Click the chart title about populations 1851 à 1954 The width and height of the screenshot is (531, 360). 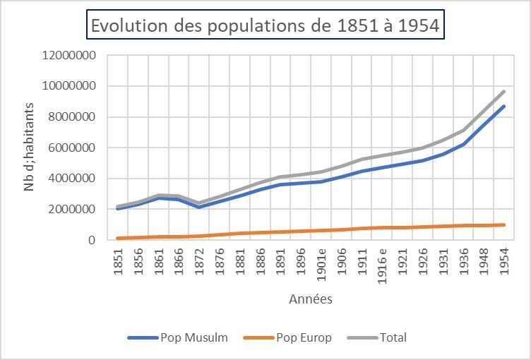tap(265, 25)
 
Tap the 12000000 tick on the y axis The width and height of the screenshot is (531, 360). tap(69, 56)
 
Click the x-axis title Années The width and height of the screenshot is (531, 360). tap(311, 299)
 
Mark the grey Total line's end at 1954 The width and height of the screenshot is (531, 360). tap(503, 92)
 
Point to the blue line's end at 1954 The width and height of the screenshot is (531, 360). tap(503, 107)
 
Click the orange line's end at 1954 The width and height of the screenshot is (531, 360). tap(503, 224)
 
